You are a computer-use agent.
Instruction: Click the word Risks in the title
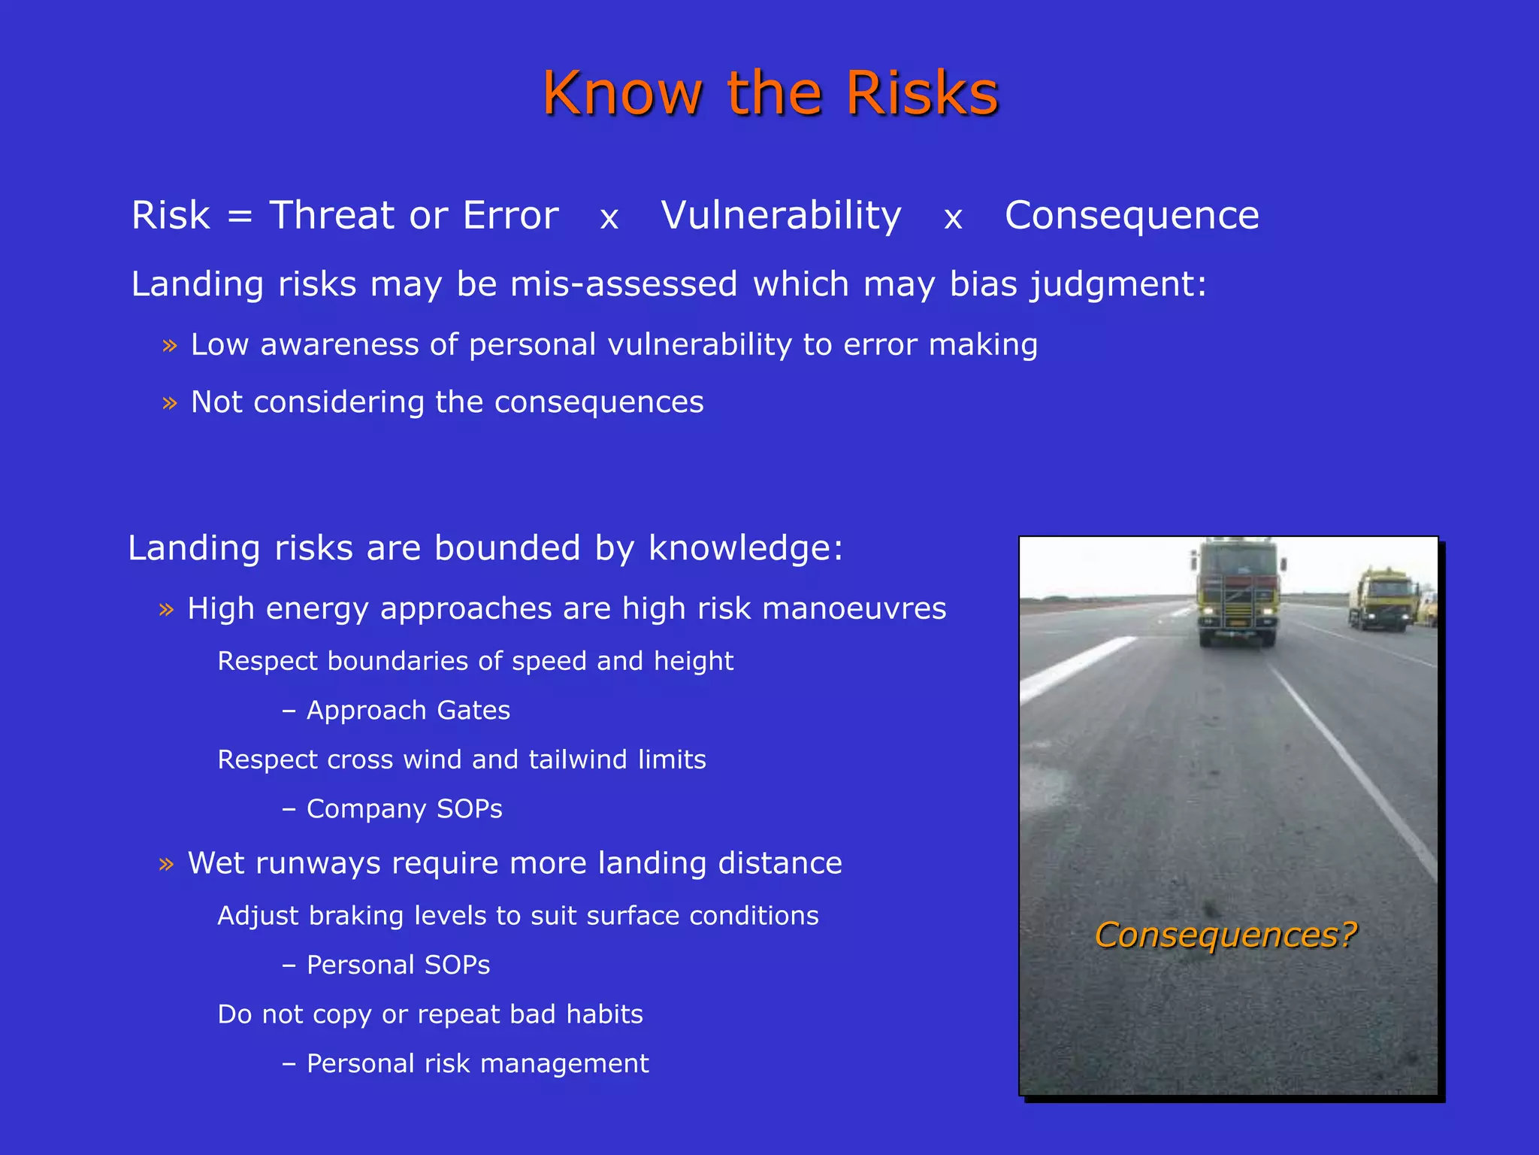click(922, 93)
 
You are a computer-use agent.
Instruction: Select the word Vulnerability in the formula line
click(781, 216)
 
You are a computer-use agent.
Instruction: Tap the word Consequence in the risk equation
click(1132, 216)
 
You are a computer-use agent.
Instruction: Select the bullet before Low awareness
click(170, 346)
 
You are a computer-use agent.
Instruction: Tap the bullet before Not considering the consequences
click(170, 404)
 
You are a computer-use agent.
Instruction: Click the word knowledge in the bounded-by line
click(745, 548)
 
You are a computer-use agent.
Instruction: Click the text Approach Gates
click(408, 711)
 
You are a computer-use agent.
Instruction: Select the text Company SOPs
click(404, 809)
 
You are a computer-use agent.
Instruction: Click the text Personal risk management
click(477, 1064)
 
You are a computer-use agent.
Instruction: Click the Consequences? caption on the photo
click(1226, 935)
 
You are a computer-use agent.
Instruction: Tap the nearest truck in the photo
click(1237, 593)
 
